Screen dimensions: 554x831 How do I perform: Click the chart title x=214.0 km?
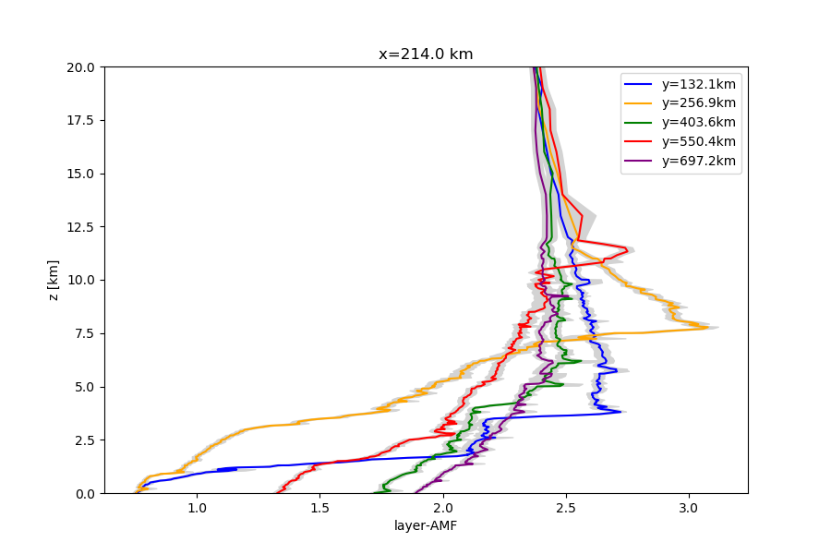click(426, 54)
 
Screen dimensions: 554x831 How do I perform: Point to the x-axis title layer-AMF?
click(426, 526)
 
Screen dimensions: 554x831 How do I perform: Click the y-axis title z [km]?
click(54, 280)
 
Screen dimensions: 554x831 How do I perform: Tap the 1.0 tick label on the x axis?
click(197, 508)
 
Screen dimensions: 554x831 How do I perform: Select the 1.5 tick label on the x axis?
click(319, 508)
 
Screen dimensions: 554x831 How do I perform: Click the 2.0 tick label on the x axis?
click(443, 508)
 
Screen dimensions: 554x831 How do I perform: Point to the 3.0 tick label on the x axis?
click(689, 508)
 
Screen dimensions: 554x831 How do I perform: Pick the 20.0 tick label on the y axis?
click(81, 67)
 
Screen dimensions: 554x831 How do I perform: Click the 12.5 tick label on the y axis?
click(81, 227)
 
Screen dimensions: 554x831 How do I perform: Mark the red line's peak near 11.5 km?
click(628, 249)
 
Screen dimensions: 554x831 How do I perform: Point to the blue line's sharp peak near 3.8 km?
click(621, 412)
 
